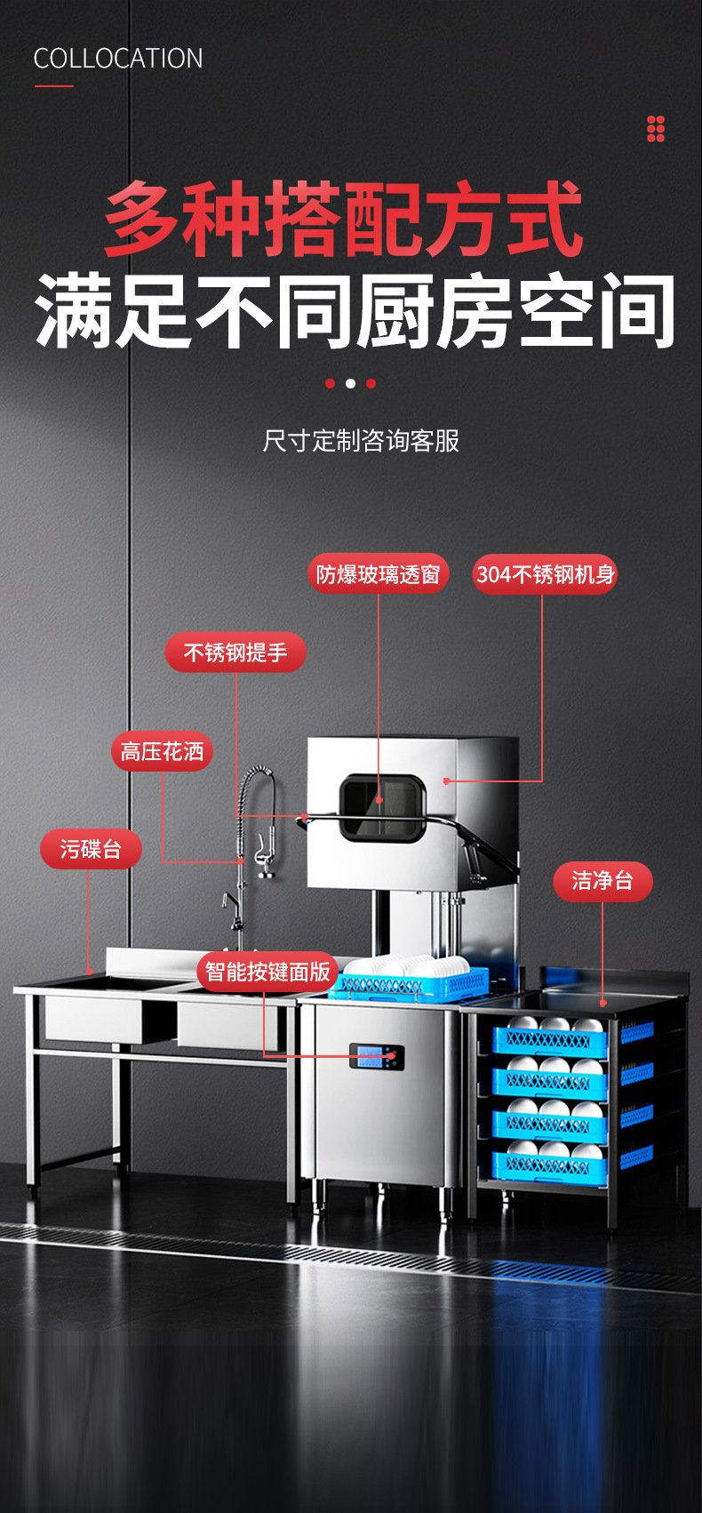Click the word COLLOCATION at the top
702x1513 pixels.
118,59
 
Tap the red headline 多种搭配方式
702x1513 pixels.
343,219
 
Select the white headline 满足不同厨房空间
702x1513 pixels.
355,312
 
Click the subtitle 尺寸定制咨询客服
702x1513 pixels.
361,441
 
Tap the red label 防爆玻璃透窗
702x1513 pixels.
379,574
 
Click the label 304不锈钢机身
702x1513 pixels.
545,574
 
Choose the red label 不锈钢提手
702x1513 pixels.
235,652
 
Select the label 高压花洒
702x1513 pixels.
163,752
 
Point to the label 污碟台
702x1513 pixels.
91,849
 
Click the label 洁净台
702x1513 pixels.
602,881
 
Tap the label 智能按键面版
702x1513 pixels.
267,972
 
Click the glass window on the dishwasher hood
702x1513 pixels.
382,807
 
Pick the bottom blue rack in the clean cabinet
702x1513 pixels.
550,1165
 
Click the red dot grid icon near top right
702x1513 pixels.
656,129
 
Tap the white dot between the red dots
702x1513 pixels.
350,384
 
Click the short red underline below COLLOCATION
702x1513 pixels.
54,86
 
